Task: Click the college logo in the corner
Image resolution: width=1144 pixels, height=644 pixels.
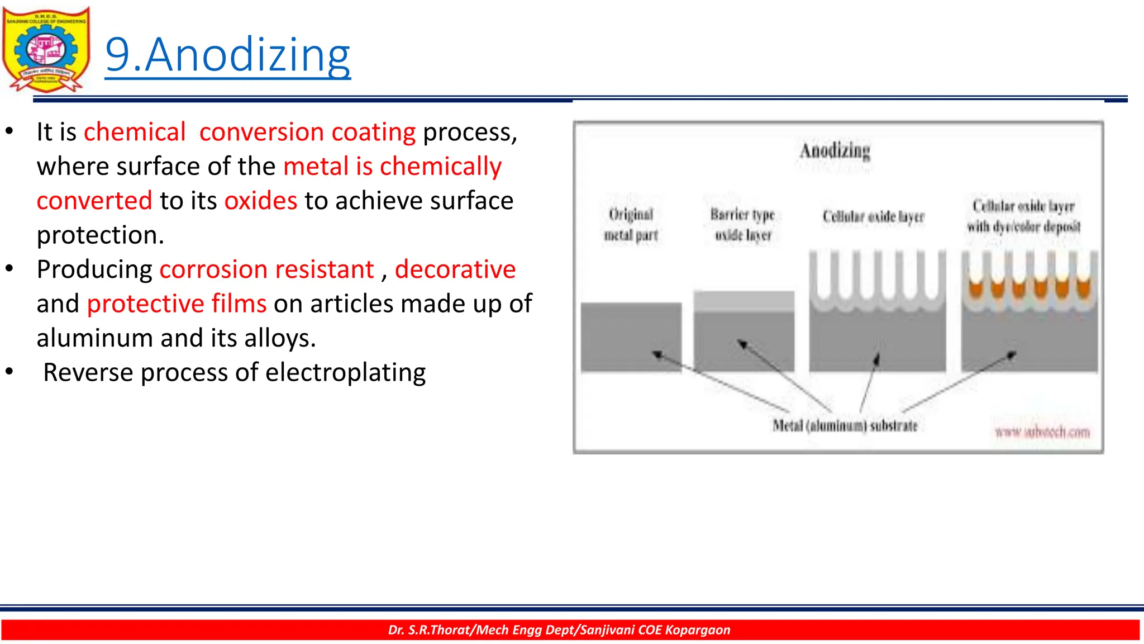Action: point(46,49)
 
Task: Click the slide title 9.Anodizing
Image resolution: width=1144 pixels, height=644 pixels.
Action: point(227,55)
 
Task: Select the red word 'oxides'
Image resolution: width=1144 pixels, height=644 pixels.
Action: point(260,201)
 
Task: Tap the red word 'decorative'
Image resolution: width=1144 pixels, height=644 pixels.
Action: point(455,269)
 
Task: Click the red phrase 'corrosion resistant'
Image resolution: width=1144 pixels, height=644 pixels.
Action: point(266,269)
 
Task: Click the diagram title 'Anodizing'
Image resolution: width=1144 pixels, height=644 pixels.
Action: point(835,151)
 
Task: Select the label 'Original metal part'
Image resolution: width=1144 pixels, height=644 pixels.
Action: point(631,225)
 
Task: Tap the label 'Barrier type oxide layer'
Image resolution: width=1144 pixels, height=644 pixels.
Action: point(743,225)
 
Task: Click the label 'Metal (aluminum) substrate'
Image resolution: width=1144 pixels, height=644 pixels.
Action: point(845,426)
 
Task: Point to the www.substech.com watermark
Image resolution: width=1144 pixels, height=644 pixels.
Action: point(1042,432)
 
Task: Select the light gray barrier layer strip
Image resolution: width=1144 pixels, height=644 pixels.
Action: point(743,301)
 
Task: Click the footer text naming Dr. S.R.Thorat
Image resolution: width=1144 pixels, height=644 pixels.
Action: point(559,630)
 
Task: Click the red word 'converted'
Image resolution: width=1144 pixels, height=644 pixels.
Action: point(94,201)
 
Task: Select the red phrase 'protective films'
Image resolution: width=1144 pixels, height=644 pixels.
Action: point(177,304)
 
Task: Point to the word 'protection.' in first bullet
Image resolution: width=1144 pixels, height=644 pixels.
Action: point(101,235)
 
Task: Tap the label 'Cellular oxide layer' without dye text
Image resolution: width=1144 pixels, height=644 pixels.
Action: point(873,217)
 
